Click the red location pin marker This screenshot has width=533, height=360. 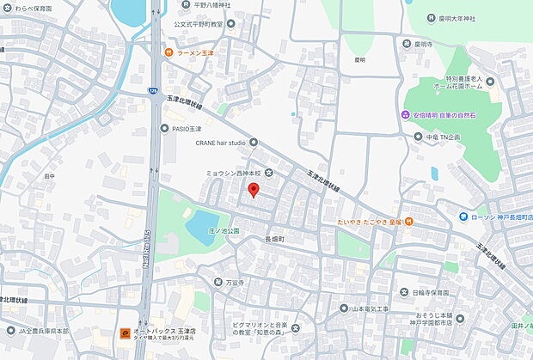pyautogui.click(x=253, y=190)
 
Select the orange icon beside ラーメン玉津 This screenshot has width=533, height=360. pyautogui.click(x=172, y=54)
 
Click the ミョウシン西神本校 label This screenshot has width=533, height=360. pyautogui.click(x=232, y=173)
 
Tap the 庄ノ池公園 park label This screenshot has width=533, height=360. pyautogui.click(x=224, y=231)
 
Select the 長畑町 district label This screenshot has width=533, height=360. pyautogui.click(x=274, y=238)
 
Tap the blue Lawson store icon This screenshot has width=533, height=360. pyautogui.click(x=463, y=216)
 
